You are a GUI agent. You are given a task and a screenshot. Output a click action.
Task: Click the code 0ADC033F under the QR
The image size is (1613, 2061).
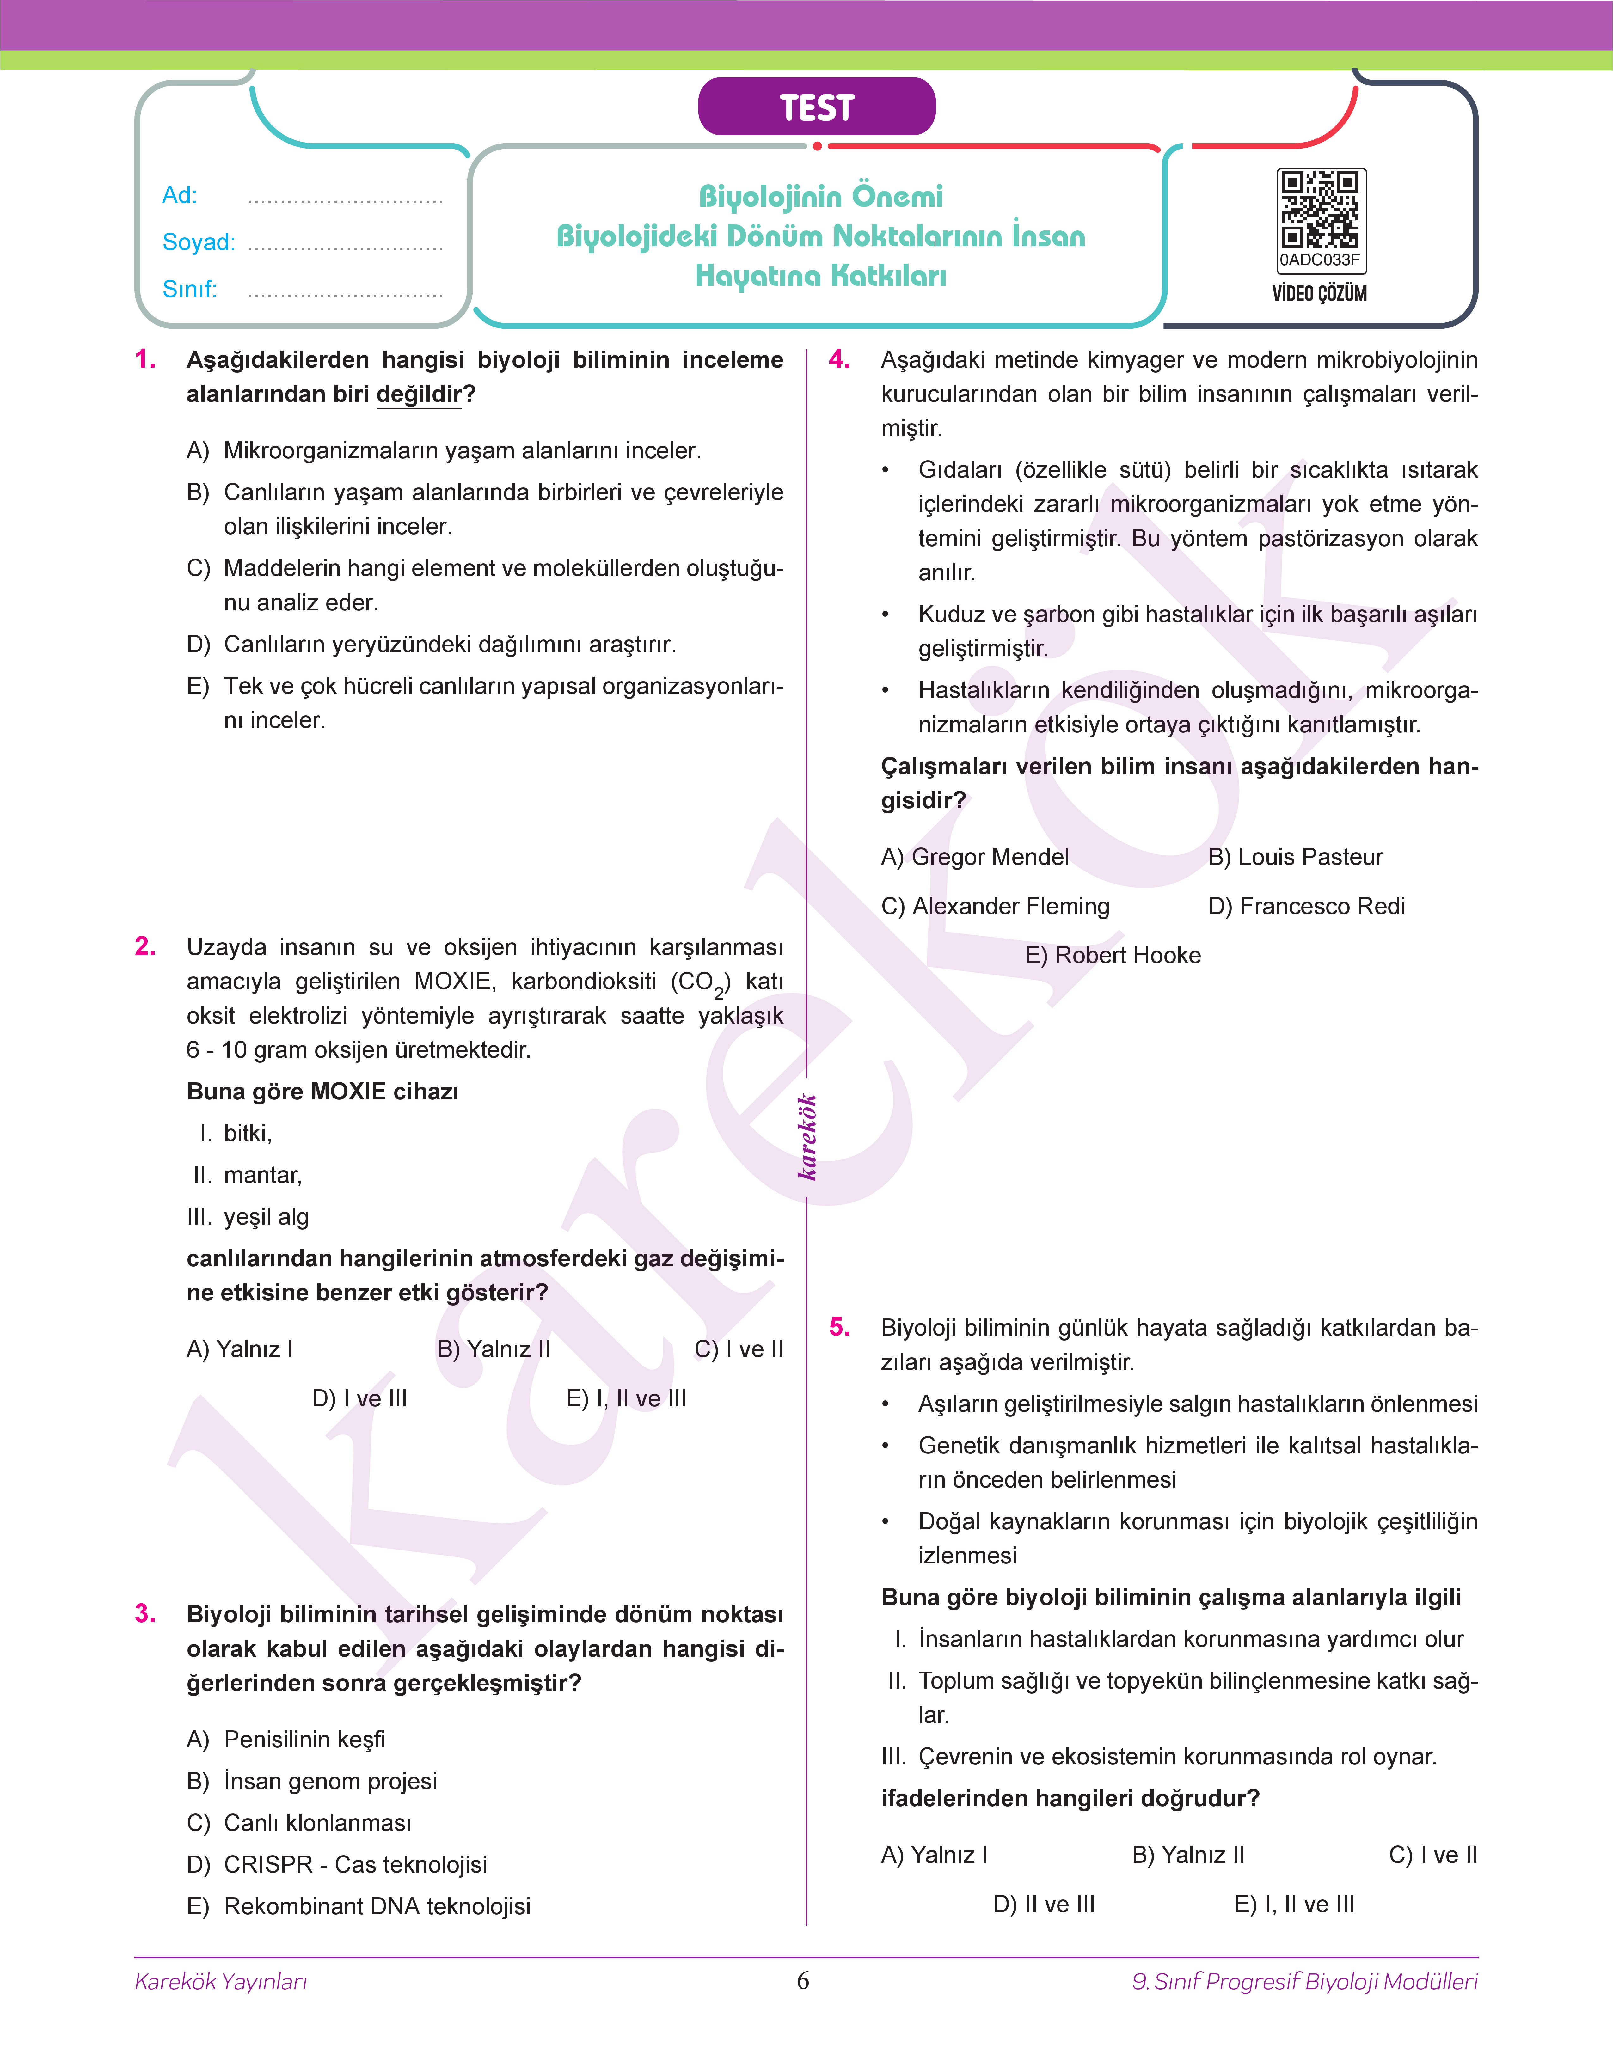pyautogui.click(x=1319, y=260)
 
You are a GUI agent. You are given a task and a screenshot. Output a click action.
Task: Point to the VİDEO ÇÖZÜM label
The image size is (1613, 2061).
pyautogui.click(x=1319, y=294)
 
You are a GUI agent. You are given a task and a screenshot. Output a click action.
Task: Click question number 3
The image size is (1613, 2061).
pyautogui.click(x=145, y=1613)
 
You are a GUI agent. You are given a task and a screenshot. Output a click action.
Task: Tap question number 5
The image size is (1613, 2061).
pyautogui.click(x=840, y=1327)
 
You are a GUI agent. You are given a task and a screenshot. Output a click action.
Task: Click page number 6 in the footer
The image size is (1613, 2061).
pyautogui.click(x=803, y=1981)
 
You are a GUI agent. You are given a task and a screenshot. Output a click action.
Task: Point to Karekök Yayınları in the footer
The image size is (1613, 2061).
pyautogui.click(x=221, y=1982)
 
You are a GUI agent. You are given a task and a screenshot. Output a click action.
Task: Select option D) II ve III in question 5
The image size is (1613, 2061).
pyautogui.click(x=1044, y=1904)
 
